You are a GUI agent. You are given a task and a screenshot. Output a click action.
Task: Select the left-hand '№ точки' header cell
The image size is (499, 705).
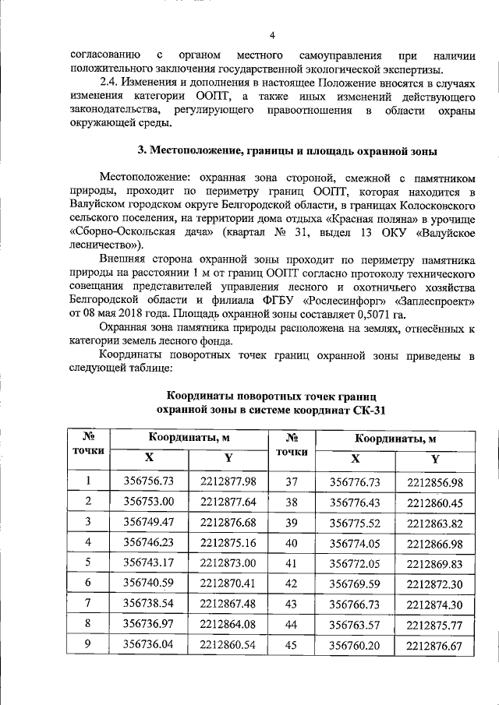point(88,445)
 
